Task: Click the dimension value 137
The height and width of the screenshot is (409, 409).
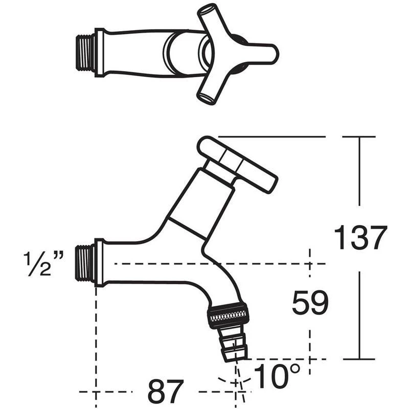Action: pyautogui.click(x=360, y=238)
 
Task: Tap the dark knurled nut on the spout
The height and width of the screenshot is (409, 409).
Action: pyautogui.click(x=228, y=316)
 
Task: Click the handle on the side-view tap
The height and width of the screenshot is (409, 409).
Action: pyautogui.click(x=238, y=161)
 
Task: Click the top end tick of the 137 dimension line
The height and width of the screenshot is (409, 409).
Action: pyautogui.click(x=359, y=137)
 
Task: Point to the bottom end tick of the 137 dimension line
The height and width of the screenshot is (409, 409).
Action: pyautogui.click(x=359, y=359)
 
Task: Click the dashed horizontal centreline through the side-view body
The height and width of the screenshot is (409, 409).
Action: pyautogui.click(x=215, y=264)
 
